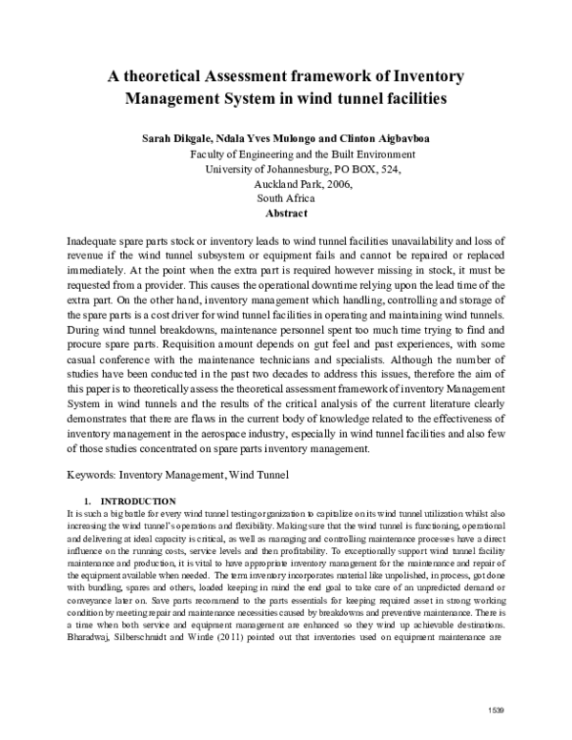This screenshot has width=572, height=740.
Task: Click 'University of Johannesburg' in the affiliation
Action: (x=270, y=169)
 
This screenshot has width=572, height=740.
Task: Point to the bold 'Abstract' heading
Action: (x=285, y=214)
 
